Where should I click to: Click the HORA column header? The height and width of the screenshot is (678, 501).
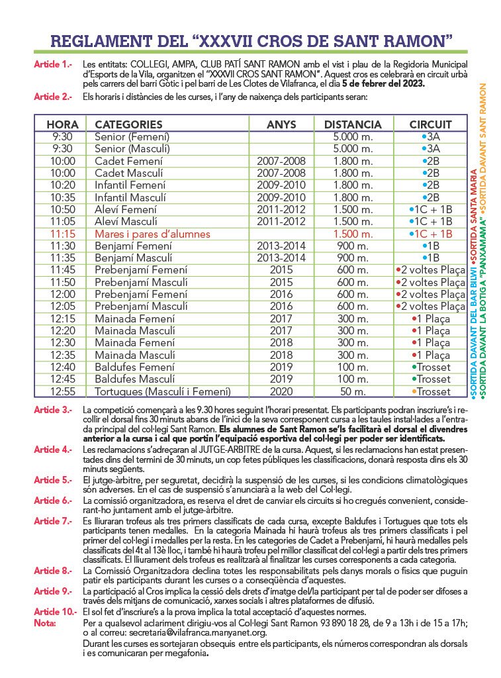(x=62, y=124)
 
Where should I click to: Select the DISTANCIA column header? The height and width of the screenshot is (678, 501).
(x=353, y=124)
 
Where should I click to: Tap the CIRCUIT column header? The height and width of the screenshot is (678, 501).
(x=430, y=124)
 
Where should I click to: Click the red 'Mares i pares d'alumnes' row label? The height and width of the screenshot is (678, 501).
(x=152, y=234)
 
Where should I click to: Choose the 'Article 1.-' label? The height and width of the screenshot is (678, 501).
(x=53, y=65)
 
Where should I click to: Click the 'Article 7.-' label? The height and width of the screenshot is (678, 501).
(x=53, y=521)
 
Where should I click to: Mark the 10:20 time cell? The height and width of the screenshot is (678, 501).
(x=62, y=185)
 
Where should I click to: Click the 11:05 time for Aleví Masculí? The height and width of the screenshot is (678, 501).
(x=62, y=222)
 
